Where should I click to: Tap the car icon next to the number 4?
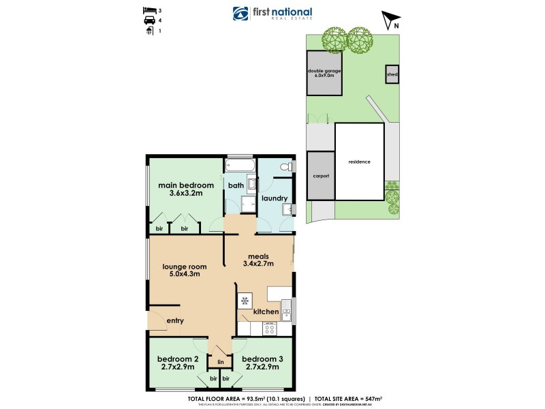(149, 21)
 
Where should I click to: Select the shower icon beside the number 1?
(149, 31)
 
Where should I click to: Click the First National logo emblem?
(240, 14)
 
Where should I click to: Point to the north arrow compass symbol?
(388, 20)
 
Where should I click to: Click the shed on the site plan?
(392, 74)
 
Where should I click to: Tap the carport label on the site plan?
(321, 176)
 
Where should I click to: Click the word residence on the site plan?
(359, 162)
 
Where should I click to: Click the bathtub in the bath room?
(239, 166)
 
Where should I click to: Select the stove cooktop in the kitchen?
(269, 329)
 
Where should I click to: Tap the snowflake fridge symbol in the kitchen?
(244, 301)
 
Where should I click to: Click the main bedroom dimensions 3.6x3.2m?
(186, 194)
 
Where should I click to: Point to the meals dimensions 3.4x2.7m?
(258, 262)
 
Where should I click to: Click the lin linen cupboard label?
(219, 361)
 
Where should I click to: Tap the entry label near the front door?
(175, 320)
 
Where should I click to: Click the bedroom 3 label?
(262, 359)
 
